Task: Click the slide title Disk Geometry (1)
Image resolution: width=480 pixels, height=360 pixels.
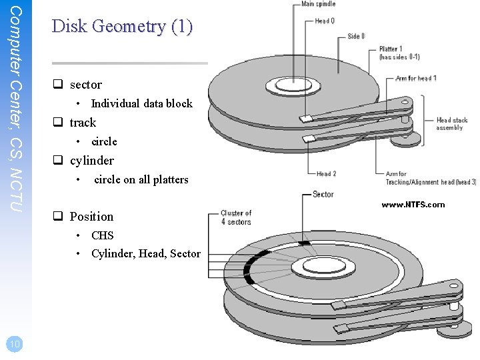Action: coord(122,27)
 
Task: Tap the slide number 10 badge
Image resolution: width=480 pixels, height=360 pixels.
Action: coord(14,344)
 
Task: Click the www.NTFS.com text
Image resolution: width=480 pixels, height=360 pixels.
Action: coord(413,205)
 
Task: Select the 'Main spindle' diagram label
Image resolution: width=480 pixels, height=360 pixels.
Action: coord(318,5)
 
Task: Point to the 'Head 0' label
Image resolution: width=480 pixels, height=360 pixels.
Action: coord(325,21)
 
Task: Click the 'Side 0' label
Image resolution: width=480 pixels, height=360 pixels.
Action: coord(356,36)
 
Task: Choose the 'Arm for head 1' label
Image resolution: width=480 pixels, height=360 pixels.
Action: coord(416,79)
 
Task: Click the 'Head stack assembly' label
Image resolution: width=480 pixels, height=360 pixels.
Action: coord(453,124)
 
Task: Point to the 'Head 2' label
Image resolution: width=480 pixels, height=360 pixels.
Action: coord(326,174)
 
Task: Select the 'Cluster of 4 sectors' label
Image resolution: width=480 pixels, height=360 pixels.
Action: coord(236,217)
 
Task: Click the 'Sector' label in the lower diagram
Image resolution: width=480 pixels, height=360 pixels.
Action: coord(323,195)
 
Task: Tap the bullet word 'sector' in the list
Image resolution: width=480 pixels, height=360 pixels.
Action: coord(85,85)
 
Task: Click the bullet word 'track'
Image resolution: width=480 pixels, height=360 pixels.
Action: coord(83,123)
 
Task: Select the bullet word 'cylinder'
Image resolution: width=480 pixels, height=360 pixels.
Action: coord(91,161)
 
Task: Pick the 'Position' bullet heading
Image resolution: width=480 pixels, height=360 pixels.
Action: coord(91,217)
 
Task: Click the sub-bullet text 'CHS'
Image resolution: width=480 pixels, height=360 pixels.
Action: coord(102,235)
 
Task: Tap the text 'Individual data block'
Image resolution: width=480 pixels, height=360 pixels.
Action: coord(141,103)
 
